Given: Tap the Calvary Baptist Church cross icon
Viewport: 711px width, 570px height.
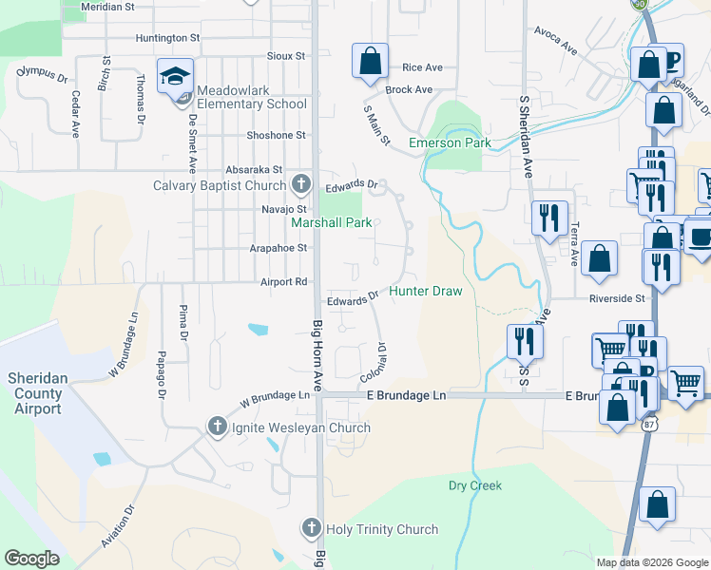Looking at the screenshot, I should [301, 183].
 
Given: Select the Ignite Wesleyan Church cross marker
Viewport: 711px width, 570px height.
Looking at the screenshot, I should [217, 427].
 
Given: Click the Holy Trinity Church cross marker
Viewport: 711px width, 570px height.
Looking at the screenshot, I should [311, 528].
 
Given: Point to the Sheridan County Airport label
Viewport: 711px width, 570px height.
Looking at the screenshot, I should [35, 393].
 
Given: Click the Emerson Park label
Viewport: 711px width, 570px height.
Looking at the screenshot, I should [450, 143].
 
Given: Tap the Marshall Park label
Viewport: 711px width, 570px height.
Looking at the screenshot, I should [330, 223].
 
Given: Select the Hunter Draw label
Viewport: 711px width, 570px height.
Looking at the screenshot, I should [425, 292].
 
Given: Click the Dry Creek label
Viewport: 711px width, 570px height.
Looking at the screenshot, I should [474, 485].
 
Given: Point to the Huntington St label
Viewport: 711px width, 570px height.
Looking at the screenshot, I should [168, 38].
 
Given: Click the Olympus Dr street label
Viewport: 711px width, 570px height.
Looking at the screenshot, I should [42, 72].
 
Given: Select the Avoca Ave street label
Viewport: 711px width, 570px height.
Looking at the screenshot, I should [556, 46].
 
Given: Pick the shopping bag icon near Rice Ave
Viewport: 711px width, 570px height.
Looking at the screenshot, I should [370, 63].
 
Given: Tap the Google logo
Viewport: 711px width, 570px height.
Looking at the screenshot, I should [31, 559].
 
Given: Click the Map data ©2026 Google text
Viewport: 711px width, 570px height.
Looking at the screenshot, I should [651, 562].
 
